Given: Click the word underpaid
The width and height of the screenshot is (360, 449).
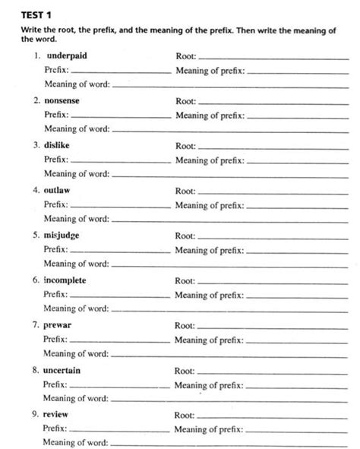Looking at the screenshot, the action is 68,56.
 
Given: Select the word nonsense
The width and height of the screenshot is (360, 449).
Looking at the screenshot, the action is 63,101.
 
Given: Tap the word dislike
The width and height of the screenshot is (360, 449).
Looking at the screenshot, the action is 59,146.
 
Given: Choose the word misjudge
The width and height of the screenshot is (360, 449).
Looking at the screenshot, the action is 63,236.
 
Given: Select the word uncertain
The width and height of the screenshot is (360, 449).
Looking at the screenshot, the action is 62,370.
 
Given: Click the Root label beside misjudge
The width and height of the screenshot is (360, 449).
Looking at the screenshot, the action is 185,236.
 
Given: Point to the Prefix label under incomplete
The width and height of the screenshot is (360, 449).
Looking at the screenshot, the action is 55,295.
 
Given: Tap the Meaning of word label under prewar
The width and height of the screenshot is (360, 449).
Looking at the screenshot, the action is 76,353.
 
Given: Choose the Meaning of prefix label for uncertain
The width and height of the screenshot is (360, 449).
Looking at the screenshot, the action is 209,385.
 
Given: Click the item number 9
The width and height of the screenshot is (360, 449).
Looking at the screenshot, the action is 36,415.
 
